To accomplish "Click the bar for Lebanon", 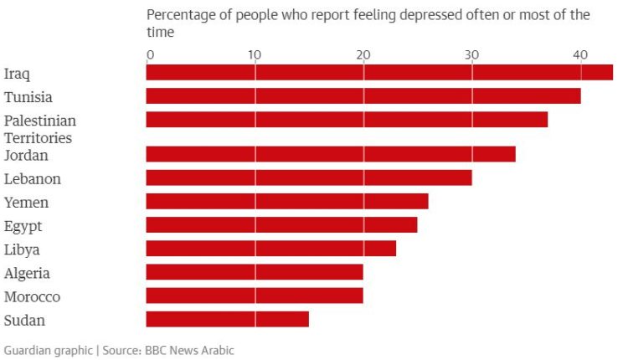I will click(309, 177).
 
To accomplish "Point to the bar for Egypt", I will click(281, 224).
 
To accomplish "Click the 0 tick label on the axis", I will click(150, 54).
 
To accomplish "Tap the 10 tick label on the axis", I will click(255, 54).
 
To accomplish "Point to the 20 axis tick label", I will click(363, 54).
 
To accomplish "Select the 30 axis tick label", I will click(472, 54).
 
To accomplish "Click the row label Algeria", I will click(27, 273).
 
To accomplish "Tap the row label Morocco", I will click(32, 296).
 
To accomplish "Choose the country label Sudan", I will click(24, 320).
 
